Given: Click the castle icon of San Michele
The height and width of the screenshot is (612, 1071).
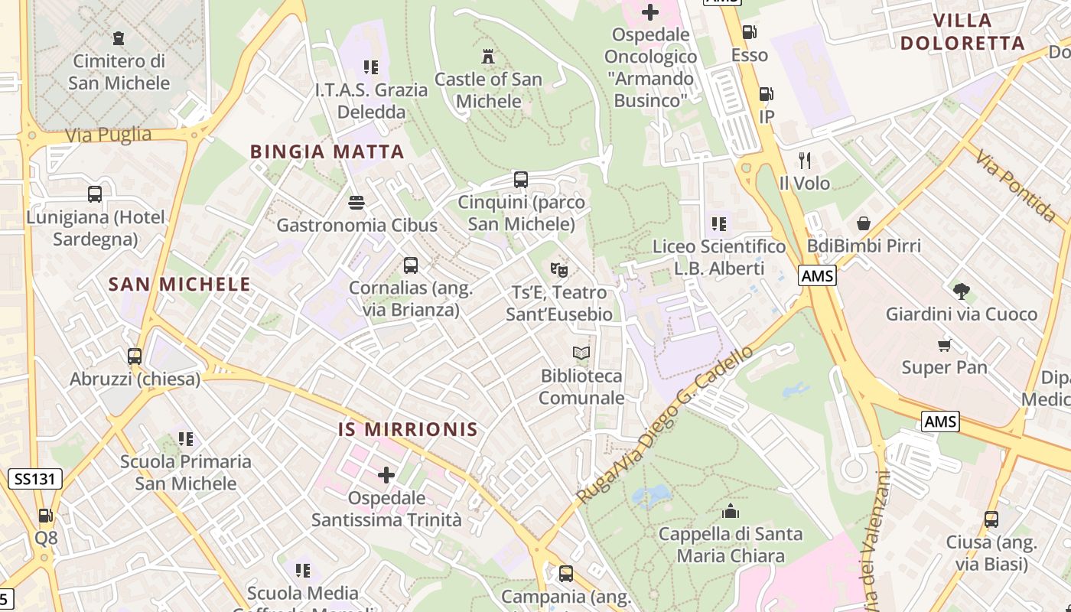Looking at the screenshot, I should pos(487,56).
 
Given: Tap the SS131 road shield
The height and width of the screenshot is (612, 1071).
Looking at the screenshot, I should pos(35,480).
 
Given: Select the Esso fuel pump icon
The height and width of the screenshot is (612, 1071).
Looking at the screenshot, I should pos(750,32).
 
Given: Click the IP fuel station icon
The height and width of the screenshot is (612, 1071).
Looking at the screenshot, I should pos(766,94).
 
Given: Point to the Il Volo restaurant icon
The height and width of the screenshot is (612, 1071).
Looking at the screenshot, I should pos(804,161).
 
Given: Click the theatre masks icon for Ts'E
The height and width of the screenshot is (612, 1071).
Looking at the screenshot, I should pos(559,269).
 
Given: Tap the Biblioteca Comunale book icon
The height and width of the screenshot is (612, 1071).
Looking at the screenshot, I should pos(581,353).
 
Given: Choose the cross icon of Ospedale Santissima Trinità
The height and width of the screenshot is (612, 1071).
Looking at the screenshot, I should pos(386,475).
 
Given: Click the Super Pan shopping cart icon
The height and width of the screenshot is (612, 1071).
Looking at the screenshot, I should pos(945,345).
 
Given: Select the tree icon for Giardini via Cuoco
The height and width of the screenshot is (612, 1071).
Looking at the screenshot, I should pos(962,291).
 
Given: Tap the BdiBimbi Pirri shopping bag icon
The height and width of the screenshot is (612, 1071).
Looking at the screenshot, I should pos(864,223).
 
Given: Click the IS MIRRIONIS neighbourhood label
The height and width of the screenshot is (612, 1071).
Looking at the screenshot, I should pos(408,429).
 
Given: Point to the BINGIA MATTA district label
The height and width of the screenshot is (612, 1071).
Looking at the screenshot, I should pos(327,151).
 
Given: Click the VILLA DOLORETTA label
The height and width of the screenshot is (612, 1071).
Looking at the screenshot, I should pos(962,31).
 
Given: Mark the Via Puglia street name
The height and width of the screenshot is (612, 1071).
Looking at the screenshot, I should pos(108,135).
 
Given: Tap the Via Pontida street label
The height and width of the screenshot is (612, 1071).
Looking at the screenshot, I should pos(1015,186).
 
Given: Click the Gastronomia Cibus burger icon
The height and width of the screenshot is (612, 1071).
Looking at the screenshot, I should pos(356,203).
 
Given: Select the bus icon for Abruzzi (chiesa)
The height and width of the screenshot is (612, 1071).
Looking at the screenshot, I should pos(135,356).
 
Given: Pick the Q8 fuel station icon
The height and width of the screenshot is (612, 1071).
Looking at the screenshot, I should pos(46,516).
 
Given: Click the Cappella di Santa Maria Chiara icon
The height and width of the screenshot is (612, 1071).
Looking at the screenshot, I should pos(731,511).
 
